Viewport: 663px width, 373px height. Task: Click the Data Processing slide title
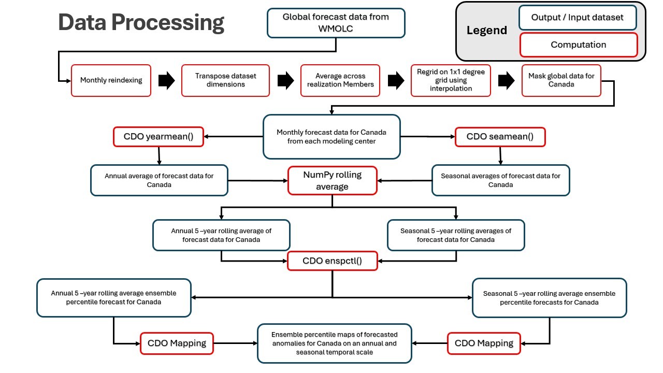pyautogui.click(x=141, y=23)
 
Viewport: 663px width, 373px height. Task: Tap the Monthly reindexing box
pyautogui.click(x=111, y=80)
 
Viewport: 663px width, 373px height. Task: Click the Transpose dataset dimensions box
pyautogui.click(x=225, y=80)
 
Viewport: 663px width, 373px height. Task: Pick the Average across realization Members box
pyautogui.click(x=340, y=80)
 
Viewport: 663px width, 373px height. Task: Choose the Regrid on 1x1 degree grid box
pyautogui.click(x=451, y=80)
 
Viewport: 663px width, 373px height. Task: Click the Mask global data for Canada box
pyautogui.click(x=561, y=80)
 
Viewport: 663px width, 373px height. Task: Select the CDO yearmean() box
pyautogui.click(x=158, y=137)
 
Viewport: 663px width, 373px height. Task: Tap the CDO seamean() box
pyautogui.click(x=500, y=137)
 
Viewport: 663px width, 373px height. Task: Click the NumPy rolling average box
pyautogui.click(x=332, y=180)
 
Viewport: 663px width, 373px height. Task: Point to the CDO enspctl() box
pyautogui.click(x=332, y=261)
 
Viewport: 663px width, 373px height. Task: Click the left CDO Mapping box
pyautogui.click(x=177, y=343)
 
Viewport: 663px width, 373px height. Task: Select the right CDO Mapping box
pyautogui.click(x=484, y=343)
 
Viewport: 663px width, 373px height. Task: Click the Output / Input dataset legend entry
pyautogui.click(x=577, y=18)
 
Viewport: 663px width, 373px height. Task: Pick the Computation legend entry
pyautogui.click(x=578, y=45)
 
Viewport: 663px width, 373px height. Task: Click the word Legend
pyautogui.click(x=486, y=31)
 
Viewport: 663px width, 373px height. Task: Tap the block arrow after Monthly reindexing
pyautogui.click(x=166, y=81)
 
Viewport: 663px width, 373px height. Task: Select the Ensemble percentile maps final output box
pyautogui.click(x=334, y=343)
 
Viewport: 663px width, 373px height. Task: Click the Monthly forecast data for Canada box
pyautogui.click(x=331, y=137)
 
